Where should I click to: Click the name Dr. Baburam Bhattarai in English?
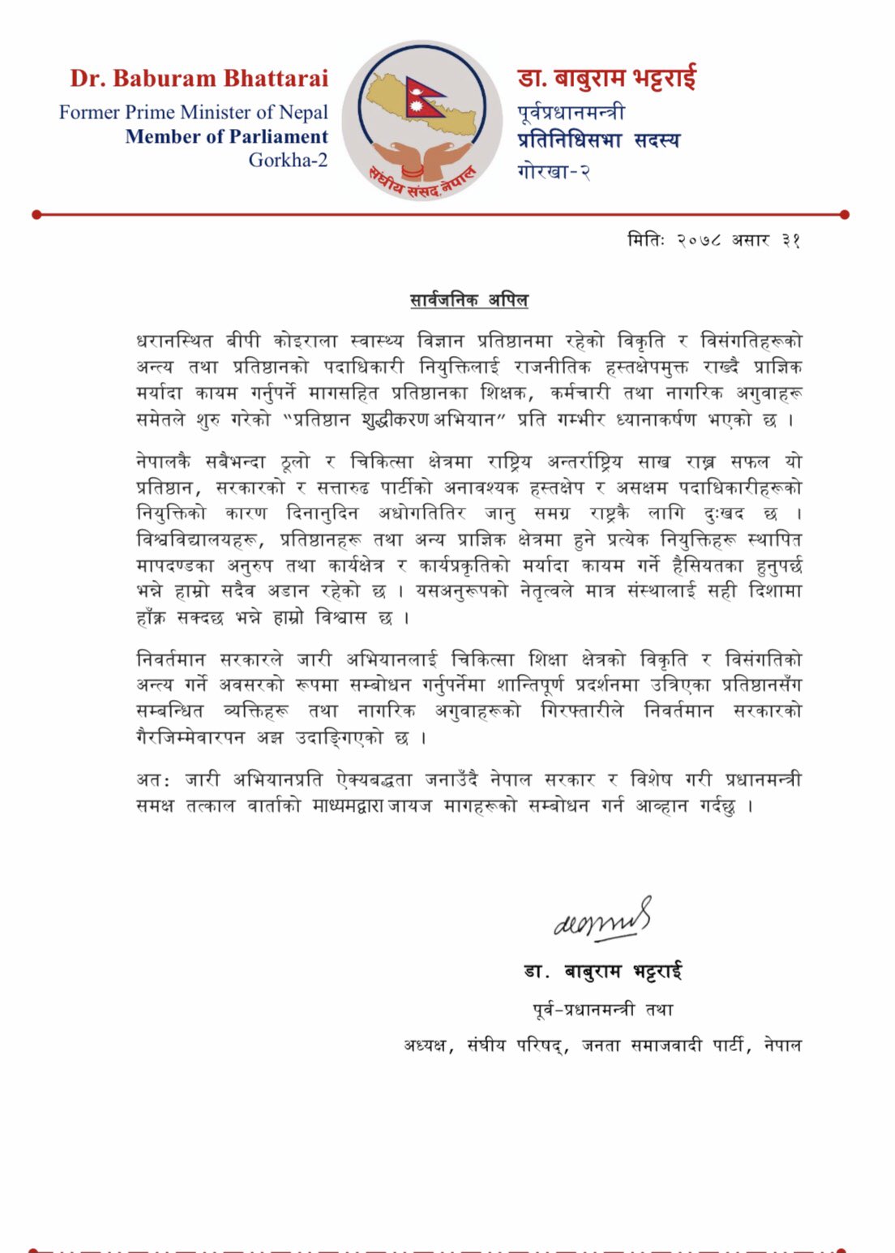pyautogui.click(x=199, y=79)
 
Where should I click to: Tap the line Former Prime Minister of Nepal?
pyautogui.click(x=193, y=112)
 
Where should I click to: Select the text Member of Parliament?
pyautogui.click(x=226, y=136)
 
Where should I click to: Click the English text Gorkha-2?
pyautogui.click(x=288, y=160)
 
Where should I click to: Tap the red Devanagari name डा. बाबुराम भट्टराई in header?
pyautogui.click(x=606, y=79)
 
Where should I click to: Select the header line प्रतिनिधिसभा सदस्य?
pyautogui.click(x=598, y=140)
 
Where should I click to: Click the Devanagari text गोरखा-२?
pyautogui.click(x=554, y=171)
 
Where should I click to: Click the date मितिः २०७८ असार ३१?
pyautogui.click(x=714, y=240)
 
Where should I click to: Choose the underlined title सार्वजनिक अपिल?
pyautogui.click(x=469, y=301)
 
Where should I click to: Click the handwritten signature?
pyautogui.click(x=602, y=920)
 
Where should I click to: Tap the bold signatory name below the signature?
pyautogui.click(x=603, y=972)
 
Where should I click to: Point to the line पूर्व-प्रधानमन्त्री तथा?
pyautogui.click(x=603, y=1010)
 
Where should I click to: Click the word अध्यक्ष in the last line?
pyautogui.click(x=426, y=1045)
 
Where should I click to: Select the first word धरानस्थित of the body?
pyautogui.click(x=174, y=341)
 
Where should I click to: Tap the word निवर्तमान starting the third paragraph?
pyautogui.click(x=170, y=659)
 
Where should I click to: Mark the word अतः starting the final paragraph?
pyautogui.click(x=153, y=780)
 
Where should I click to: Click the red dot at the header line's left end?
pyautogui.click(x=36, y=215)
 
